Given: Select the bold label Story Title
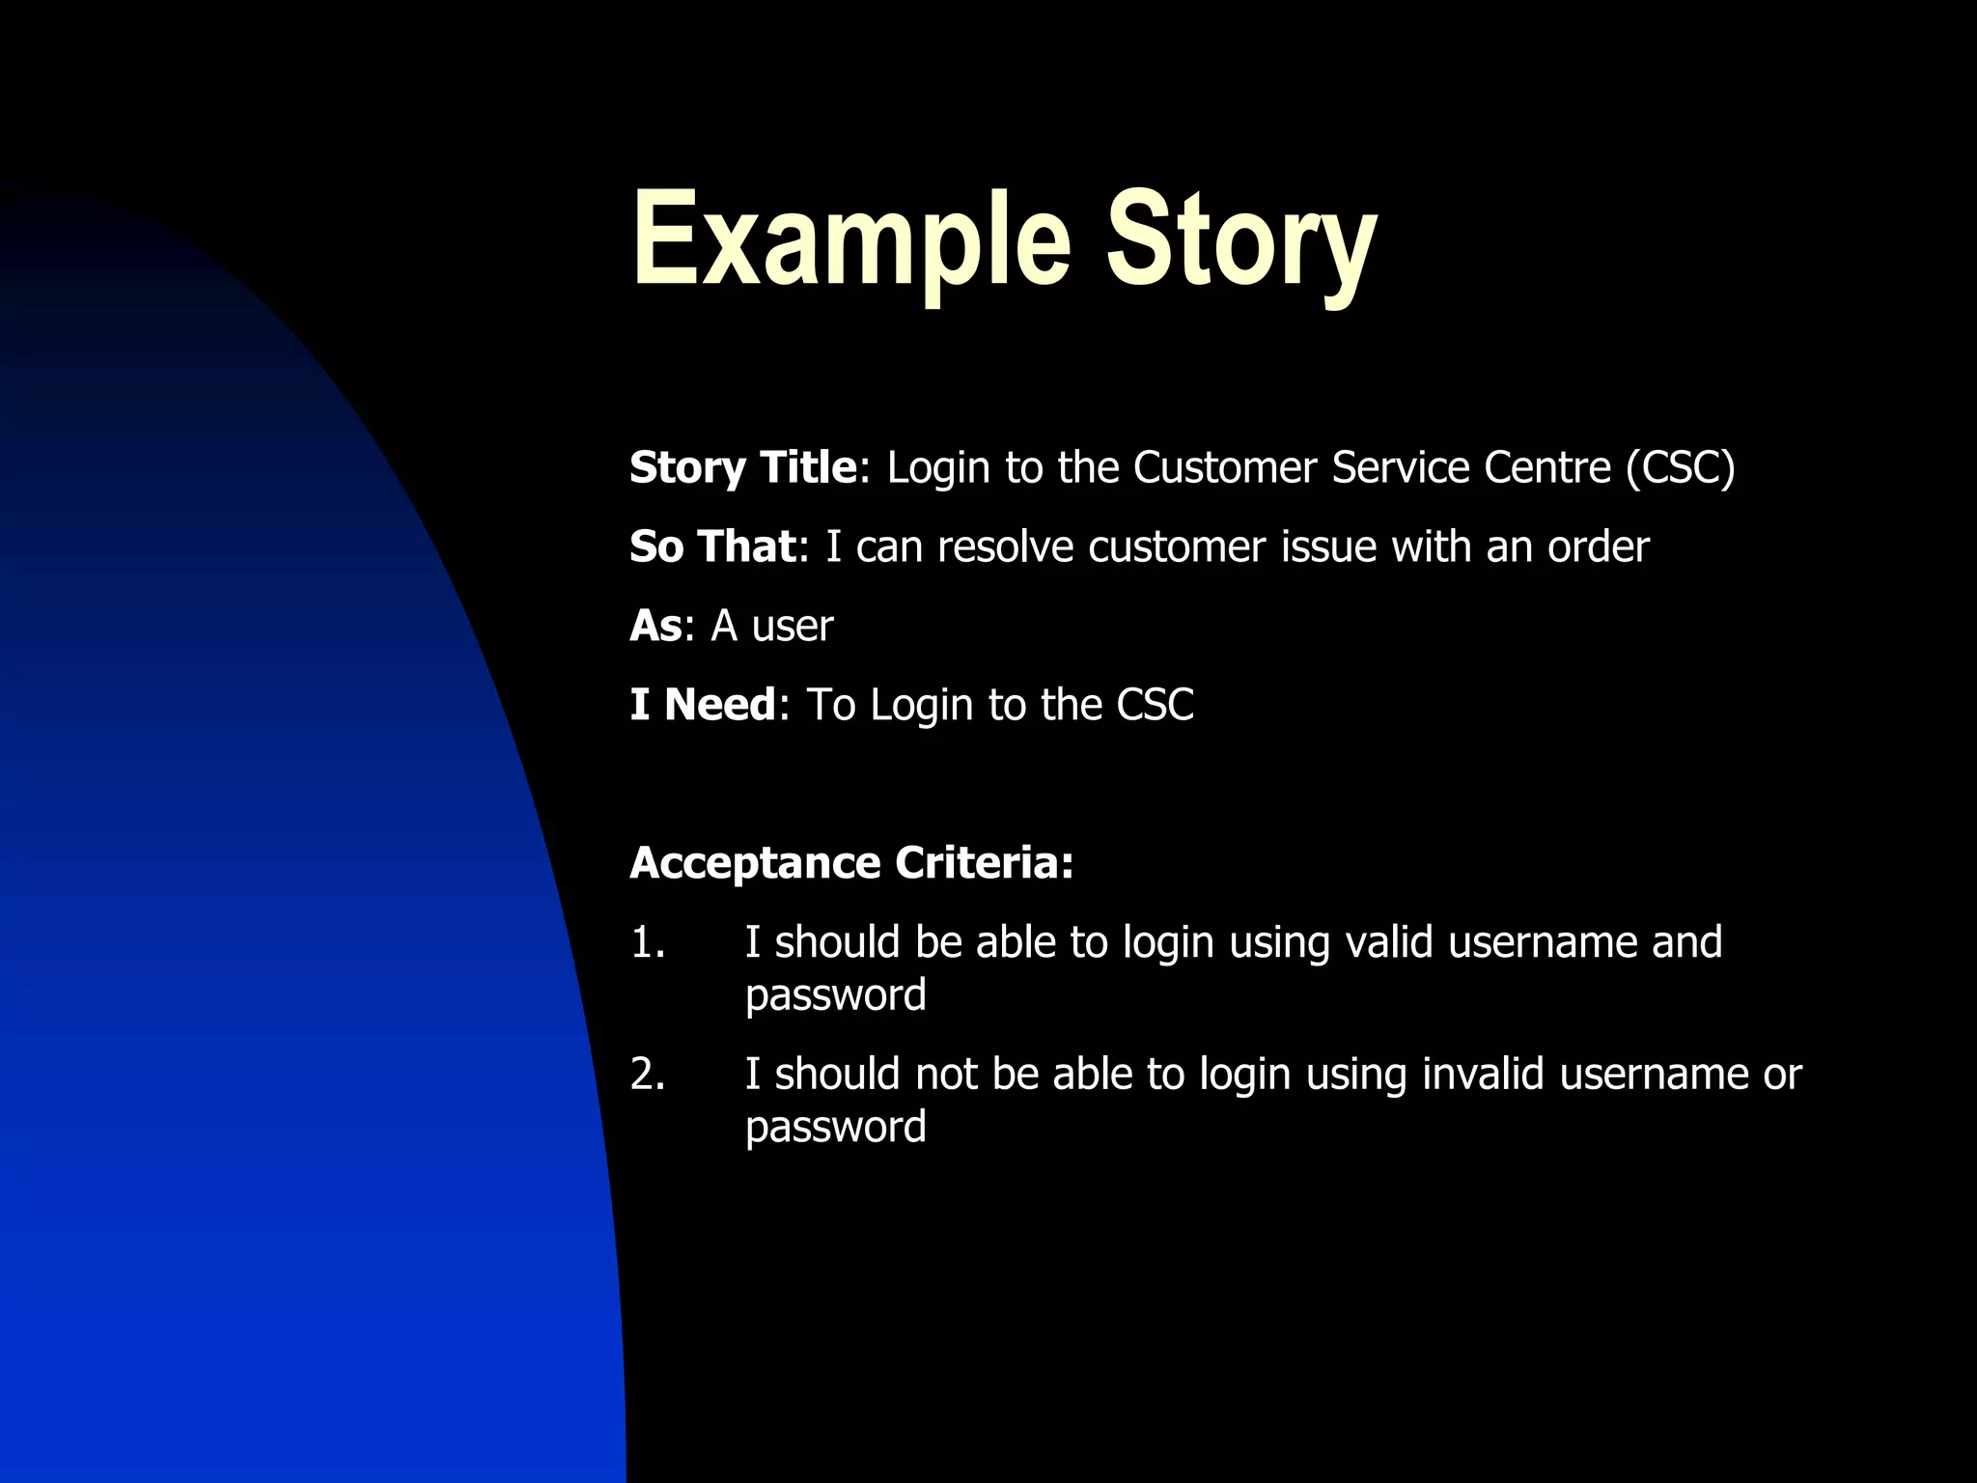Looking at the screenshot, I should [742, 468].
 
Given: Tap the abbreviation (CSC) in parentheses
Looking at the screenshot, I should [1680, 468].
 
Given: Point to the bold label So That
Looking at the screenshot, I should [712, 546].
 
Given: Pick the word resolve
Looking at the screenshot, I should [1005, 547].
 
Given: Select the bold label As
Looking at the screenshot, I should [655, 626].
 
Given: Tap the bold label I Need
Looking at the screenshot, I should [702, 705].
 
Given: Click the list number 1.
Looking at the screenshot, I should [648, 942].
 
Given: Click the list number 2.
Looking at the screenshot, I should [648, 1075].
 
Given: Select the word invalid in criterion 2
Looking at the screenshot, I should [1483, 1075].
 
